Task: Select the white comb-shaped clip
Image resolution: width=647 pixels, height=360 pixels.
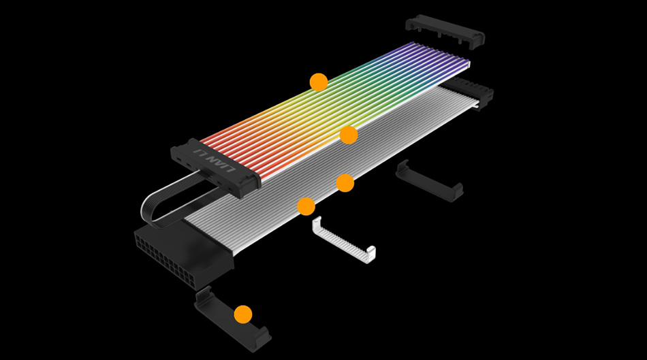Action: point(344,240)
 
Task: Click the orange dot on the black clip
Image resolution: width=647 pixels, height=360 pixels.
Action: point(243,314)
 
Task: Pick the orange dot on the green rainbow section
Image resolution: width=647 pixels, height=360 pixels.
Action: point(319,82)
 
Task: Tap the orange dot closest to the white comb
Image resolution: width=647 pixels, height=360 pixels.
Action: point(306,206)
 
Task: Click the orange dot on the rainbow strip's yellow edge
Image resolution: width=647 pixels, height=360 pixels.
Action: point(349,135)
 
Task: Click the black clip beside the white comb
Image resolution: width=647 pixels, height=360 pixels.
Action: point(430,182)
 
